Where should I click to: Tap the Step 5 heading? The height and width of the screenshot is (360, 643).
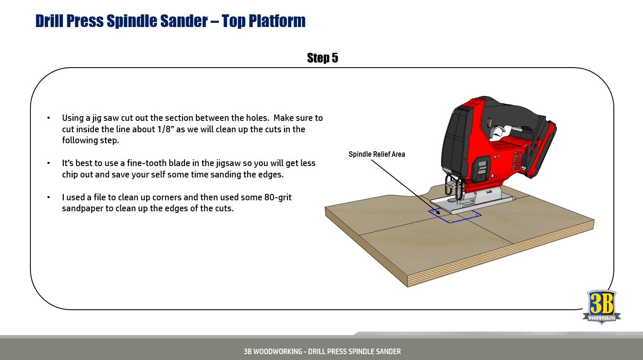pos(322,58)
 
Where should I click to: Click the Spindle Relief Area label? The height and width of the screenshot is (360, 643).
pos(376,154)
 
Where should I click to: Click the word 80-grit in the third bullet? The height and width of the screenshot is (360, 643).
pos(278,197)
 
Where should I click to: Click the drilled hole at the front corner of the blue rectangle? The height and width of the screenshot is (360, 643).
pos(450,221)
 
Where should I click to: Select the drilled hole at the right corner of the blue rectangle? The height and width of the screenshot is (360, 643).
pos(477,215)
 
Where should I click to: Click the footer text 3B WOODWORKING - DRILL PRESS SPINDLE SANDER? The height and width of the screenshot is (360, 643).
pos(322,352)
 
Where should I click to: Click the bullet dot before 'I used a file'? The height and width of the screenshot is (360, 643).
pos(49,197)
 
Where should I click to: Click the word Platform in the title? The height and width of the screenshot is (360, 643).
pos(277,21)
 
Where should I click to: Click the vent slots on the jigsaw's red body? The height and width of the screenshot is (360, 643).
pos(516,161)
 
